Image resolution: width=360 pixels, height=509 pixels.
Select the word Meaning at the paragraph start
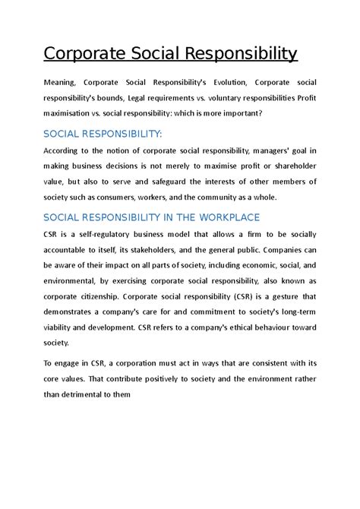point(62,83)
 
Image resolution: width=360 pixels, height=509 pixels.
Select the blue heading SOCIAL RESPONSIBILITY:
point(103,134)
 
